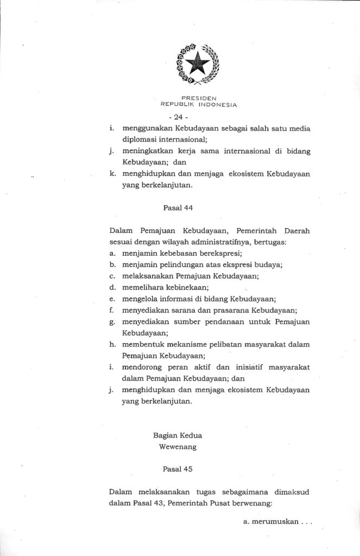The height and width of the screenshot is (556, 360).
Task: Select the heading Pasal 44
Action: [x=178, y=207]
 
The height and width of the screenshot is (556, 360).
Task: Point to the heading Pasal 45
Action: [x=178, y=467]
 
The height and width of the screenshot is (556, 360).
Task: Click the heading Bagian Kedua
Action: [x=178, y=435]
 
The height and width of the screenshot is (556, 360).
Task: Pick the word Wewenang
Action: [x=178, y=447]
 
